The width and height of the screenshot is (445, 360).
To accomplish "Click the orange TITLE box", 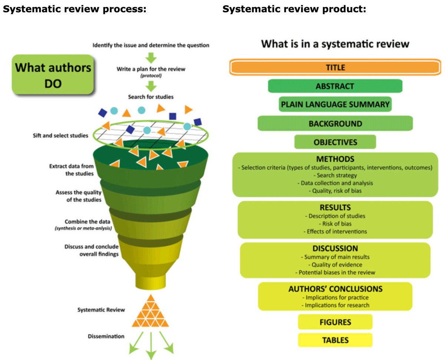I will pyautogui.click(x=335, y=68).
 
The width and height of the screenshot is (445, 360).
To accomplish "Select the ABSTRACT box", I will pyautogui.click(x=335, y=86).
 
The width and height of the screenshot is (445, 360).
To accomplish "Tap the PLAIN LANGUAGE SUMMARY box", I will pyautogui.click(x=335, y=105).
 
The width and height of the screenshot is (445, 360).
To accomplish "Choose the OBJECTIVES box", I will pyautogui.click(x=335, y=142).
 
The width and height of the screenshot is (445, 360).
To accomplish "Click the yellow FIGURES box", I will pyautogui.click(x=335, y=322).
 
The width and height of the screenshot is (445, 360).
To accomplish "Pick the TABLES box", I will pyautogui.click(x=335, y=340).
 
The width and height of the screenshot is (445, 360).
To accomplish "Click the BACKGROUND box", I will pyautogui.click(x=335, y=124).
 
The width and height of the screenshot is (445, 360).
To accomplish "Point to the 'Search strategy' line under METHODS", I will pyautogui.click(x=335, y=175).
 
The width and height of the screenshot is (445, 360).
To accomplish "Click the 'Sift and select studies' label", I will pyautogui.click(x=60, y=135).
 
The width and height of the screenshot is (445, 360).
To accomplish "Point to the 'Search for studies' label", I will pyautogui.click(x=151, y=97).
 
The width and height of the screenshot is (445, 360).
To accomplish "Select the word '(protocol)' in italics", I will pyautogui.click(x=151, y=75).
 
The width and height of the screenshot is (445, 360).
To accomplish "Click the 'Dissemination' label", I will pyautogui.click(x=106, y=336).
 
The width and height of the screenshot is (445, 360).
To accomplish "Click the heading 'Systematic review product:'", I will pyautogui.click(x=294, y=10).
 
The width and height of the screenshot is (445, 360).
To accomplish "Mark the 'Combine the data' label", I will pyautogui.click(x=88, y=222).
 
